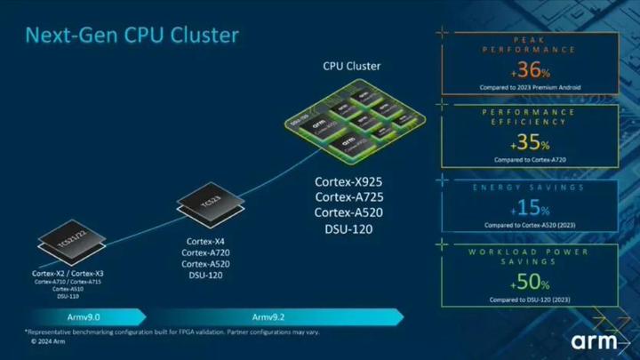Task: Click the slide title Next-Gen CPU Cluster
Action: click(x=132, y=36)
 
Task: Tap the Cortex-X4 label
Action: click(x=207, y=241)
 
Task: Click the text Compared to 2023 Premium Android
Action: click(x=529, y=87)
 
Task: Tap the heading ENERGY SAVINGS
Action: click(x=529, y=188)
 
